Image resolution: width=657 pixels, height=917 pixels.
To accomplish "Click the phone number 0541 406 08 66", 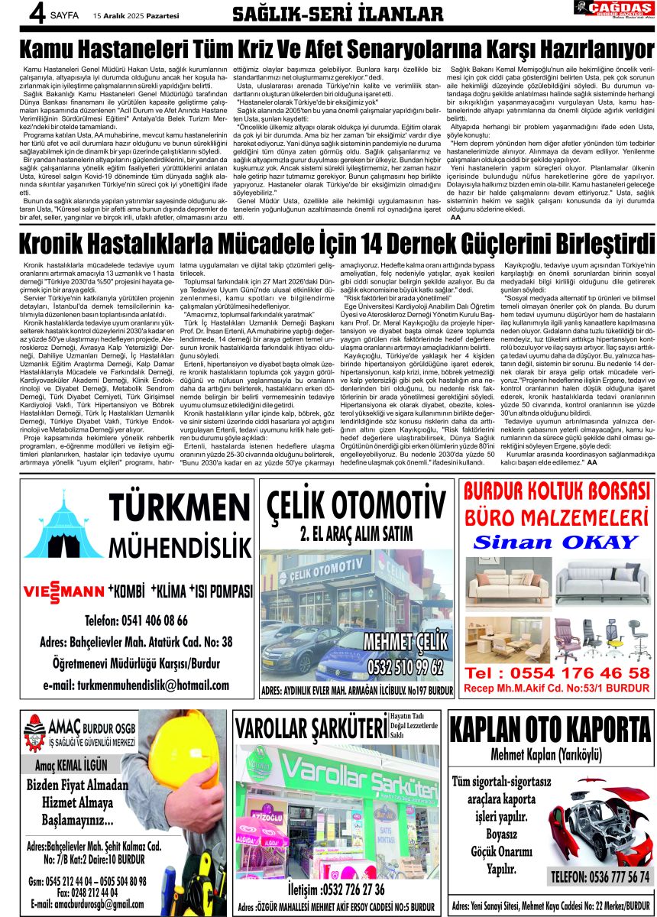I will click(137, 620).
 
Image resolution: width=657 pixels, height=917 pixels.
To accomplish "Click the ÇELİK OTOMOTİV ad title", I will click(356, 506).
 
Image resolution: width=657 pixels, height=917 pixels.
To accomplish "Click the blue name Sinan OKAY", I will click(555, 543).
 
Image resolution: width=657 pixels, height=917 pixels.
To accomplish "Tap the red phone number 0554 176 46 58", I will click(558, 673).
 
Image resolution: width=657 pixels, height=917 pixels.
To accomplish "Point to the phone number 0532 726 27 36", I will click(336, 889).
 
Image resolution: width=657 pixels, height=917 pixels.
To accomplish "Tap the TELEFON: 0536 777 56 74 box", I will click(601, 876).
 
